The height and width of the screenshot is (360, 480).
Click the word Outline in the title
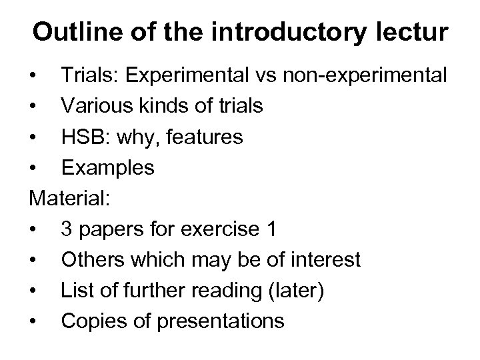[73, 31]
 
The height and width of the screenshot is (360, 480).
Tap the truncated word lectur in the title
[413, 31]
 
